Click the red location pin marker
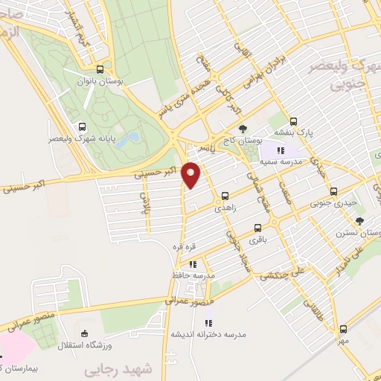[x=191, y=174]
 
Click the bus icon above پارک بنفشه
[x=293, y=121]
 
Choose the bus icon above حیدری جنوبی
[x=333, y=190]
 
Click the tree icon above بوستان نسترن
[x=360, y=220]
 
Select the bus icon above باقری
[x=257, y=228]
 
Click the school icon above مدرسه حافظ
[x=193, y=263]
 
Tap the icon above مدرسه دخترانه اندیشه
[x=208, y=322]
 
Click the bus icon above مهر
[x=343, y=328]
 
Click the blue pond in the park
[x=125, y=139]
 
